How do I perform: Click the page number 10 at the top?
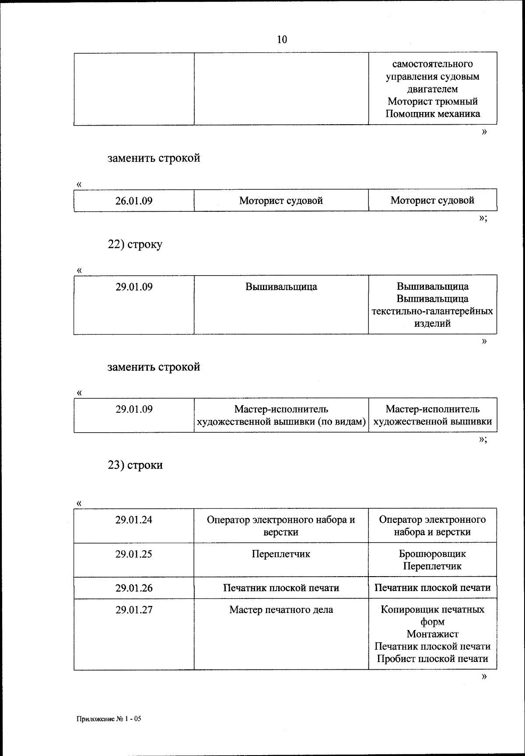tap(282, 39)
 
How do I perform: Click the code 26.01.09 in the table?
tap(134, 201)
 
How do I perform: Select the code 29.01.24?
tap(134, 520)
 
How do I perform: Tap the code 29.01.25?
tap(134, 554)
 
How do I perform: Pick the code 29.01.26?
tap(134, 588)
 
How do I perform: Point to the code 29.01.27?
tap(134, 609)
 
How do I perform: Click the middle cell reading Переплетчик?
tap(281, 554)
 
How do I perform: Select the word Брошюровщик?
tap(432, 554)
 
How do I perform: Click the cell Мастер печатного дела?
tap(281, 609)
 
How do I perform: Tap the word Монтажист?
tap(432, 634)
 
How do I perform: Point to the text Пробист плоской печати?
tap(432, 659)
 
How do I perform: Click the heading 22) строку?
tap(135, 244)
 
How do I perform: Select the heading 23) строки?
tap(135, 465)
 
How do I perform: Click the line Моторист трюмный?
tap(432, 101)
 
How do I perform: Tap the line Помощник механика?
tap(432, 114)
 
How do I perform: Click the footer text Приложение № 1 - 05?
tap(109, 719)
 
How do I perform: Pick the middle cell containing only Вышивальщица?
tap(281, 287)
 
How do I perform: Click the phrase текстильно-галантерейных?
tap(432, 311)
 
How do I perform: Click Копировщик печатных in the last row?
tap(432, 609)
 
